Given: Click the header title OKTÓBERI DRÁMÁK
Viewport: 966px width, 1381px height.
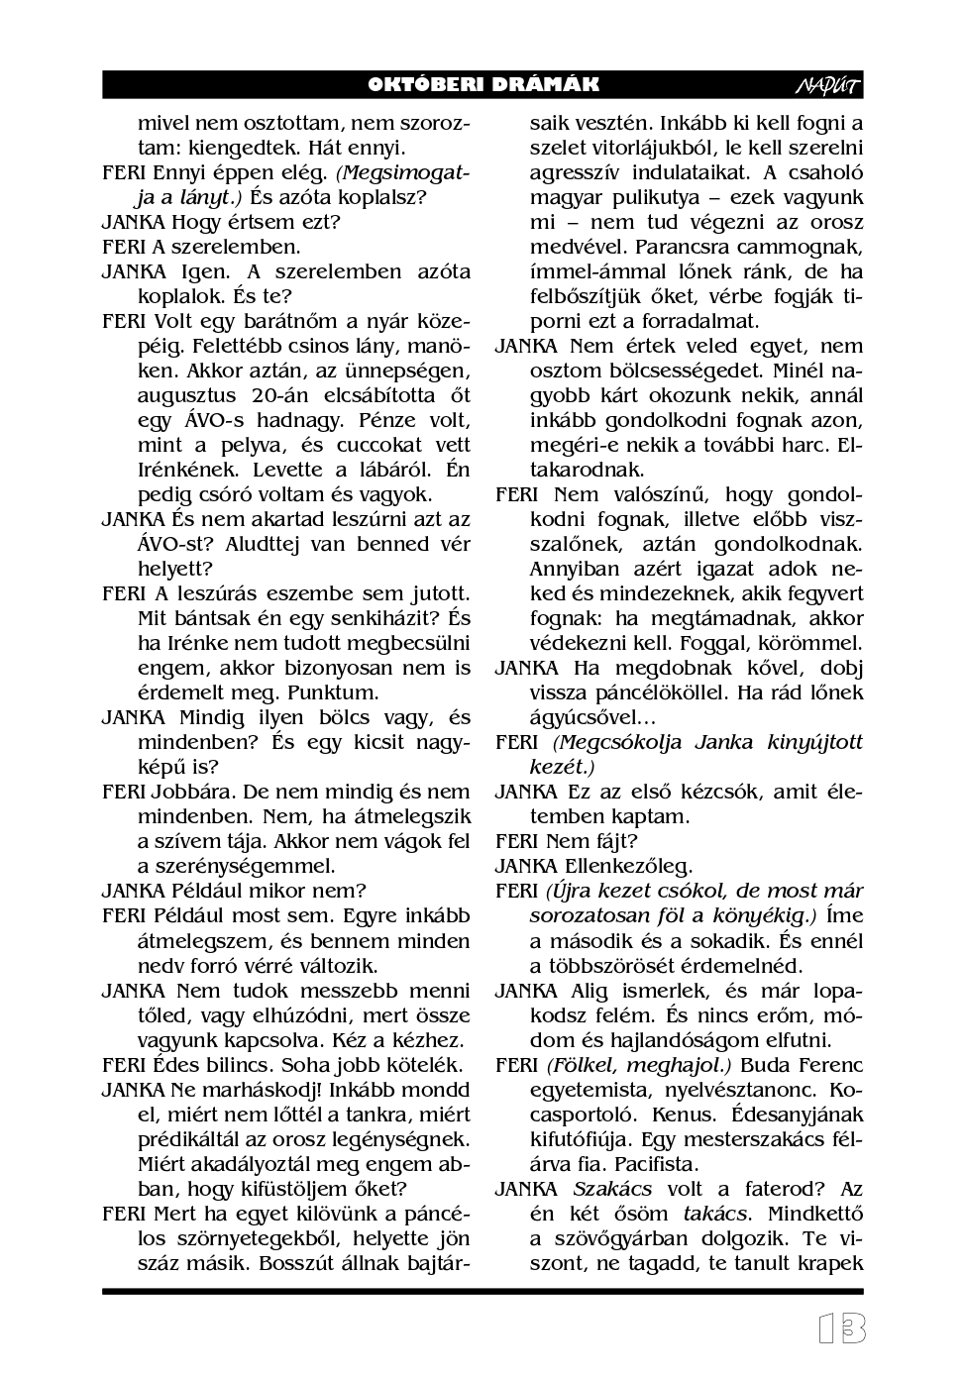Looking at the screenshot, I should pos(483,85).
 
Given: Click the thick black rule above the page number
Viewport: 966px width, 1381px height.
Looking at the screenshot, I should pos(483,1291).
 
